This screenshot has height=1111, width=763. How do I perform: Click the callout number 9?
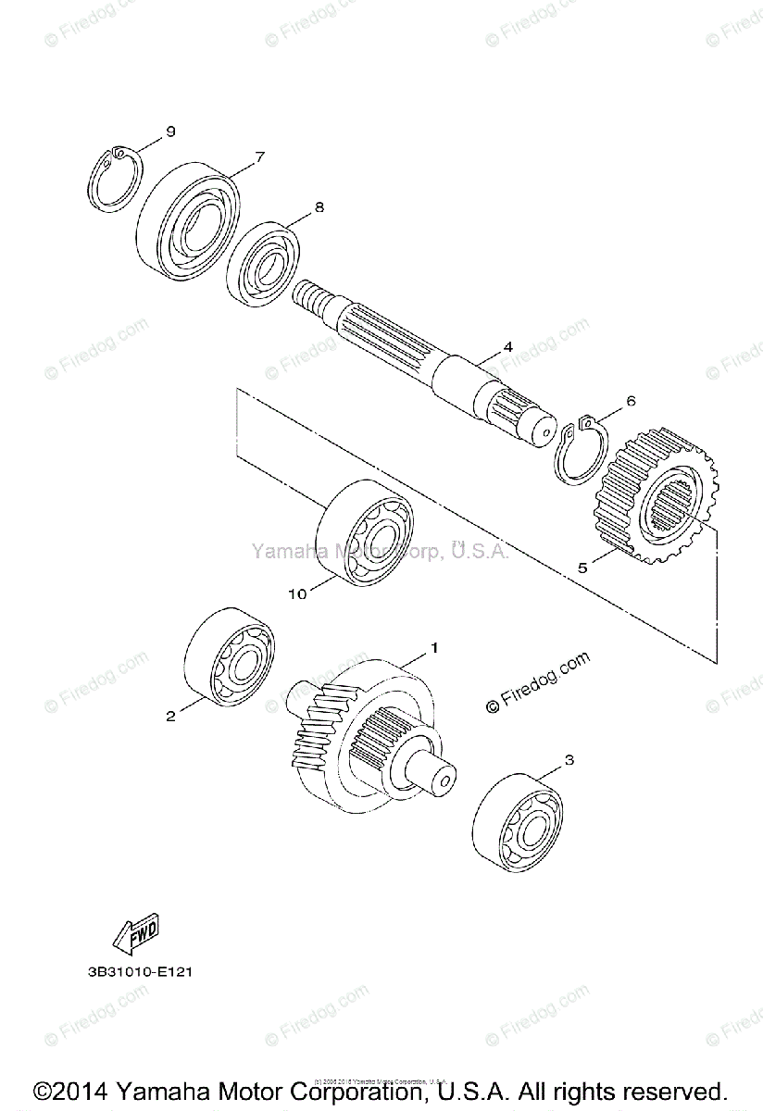[170, 131]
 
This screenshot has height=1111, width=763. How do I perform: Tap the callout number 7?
[260, 156]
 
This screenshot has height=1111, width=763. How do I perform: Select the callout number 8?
[319, 208]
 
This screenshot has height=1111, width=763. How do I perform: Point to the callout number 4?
[507, 347]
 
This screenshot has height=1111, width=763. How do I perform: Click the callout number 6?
[632, 402]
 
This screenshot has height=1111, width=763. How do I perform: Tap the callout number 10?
[297, 594]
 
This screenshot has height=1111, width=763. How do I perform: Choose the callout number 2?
[170, 715]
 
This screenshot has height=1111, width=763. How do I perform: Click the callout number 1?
[432, 647]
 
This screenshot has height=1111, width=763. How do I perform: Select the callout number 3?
[569, 760]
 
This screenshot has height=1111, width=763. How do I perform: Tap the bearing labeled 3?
[519, 820]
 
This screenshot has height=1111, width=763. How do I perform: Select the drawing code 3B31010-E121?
[135, 972]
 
